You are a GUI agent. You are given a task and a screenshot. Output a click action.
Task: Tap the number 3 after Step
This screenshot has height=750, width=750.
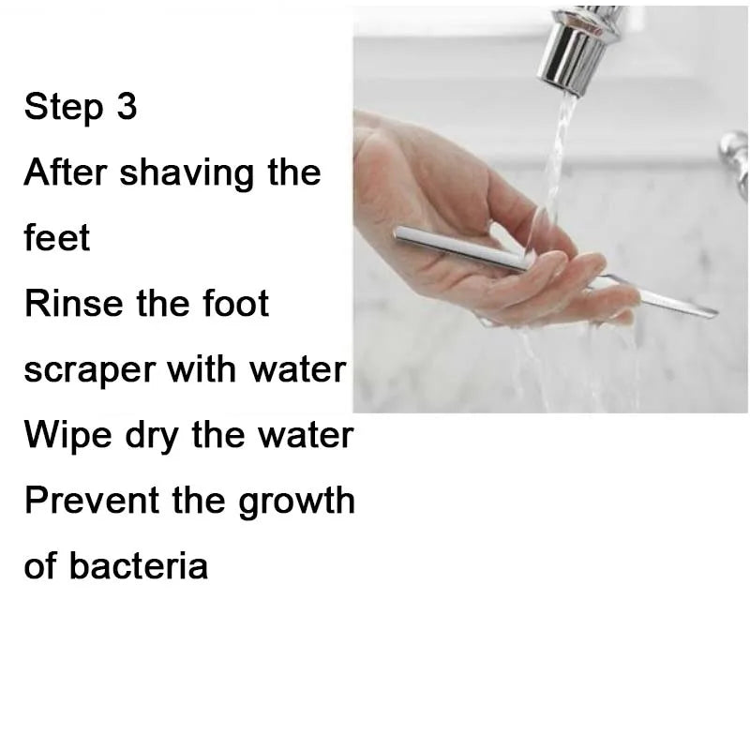tap(127, 107)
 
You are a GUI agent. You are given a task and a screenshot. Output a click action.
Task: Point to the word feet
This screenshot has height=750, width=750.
tap(57, 238)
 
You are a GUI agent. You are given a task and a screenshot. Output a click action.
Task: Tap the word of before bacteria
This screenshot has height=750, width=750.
tap(40, 566)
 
